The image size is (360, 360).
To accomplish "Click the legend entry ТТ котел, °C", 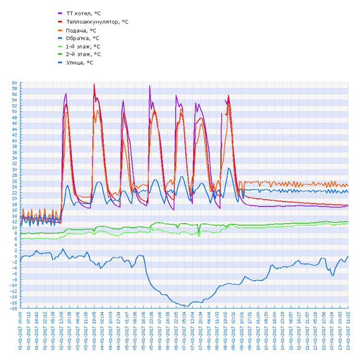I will [x=83, y=13].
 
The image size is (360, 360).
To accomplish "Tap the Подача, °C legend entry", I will [x=81, y=30].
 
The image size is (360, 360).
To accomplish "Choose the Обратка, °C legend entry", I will [x=82, y=38].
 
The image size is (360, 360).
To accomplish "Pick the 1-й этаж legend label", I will [x=83, y=47].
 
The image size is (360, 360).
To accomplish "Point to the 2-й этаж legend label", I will [x=83, y=54].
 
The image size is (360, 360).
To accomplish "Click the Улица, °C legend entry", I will [x=79, y=62].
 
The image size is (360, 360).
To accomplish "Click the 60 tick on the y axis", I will [x=14, y=83].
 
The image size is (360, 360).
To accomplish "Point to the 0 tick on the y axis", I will [x=15, y=256].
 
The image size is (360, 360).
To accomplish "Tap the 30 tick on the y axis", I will [x=14, y=169].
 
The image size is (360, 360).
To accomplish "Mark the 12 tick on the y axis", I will [x=14, y=222].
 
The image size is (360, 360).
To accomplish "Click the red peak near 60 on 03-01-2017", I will [x=94, y=84].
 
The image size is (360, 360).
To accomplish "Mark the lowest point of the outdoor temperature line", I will [x=184, y=306].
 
